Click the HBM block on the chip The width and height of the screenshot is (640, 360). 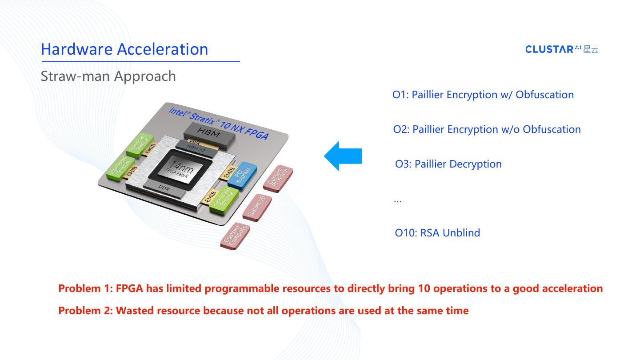tap(209, 132)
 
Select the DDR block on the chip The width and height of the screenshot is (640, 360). tap(164, 189)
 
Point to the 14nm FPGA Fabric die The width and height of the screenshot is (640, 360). tap(180, 169)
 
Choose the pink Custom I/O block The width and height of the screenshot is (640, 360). tap(257, 206)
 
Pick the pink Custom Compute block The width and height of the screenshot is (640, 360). tap(235, 236)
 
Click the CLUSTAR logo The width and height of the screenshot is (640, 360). tap(562, 49)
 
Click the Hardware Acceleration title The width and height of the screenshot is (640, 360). tap(124, 49)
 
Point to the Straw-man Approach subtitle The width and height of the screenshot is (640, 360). tap(108, 76)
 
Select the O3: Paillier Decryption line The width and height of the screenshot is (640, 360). tap(448, 164)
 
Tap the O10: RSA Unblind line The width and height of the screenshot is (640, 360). tap(437, 233)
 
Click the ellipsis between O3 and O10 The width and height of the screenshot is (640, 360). tap(398, 201)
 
